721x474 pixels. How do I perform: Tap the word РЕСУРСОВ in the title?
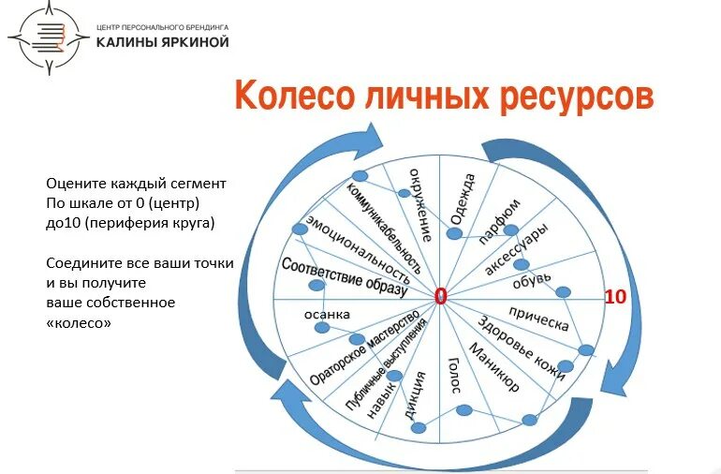(x=574, y=96)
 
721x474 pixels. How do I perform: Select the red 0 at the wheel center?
(x=440, y=297)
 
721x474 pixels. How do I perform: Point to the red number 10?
(x=615, y=297)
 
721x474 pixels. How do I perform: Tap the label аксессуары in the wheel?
(x=517, y=249)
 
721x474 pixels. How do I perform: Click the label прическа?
(x=538, y=318)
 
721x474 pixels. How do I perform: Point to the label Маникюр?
(x=493, y=370)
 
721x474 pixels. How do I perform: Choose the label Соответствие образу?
(x=345, y=278)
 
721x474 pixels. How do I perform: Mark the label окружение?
(x=419, y=204)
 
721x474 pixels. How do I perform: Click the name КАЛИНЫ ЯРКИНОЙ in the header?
(x=162, y=42)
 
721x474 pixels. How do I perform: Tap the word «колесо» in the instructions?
(x=79, y=322)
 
